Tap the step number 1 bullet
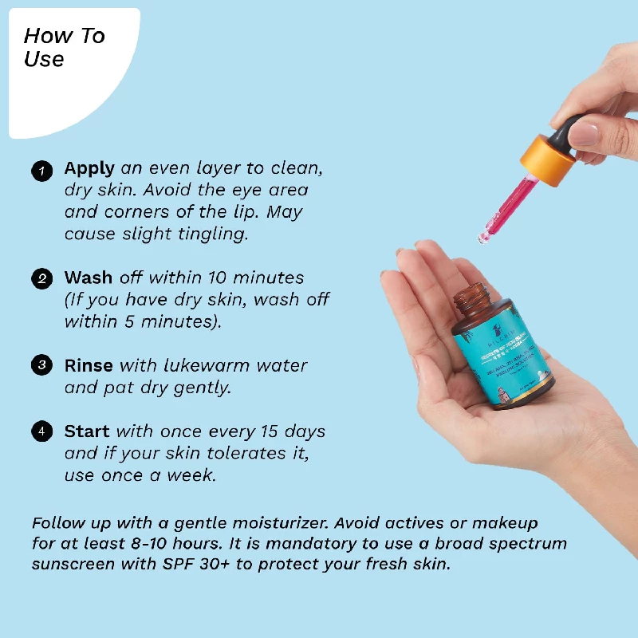41,170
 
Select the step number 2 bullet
41,279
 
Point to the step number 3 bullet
41,366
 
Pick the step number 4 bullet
41,431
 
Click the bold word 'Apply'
90,169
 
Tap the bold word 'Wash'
89,278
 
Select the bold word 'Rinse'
89,365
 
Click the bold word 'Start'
87,431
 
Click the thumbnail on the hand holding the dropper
586,132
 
